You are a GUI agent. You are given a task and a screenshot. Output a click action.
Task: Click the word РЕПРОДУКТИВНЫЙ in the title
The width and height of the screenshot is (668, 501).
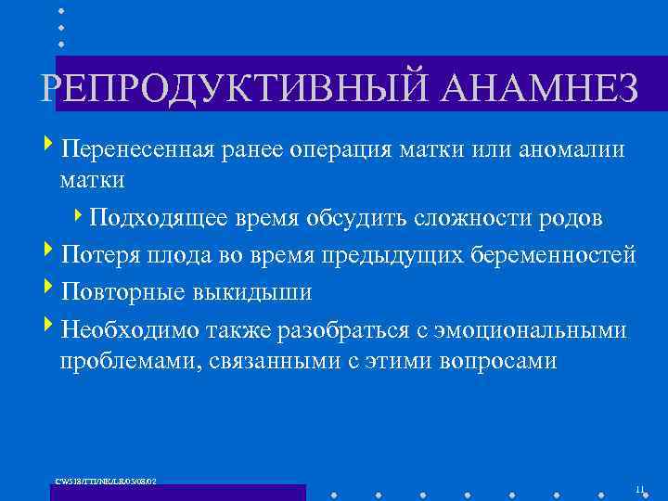232,90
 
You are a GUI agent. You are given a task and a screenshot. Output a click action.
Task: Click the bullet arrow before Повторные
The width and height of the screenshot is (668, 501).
48,290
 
